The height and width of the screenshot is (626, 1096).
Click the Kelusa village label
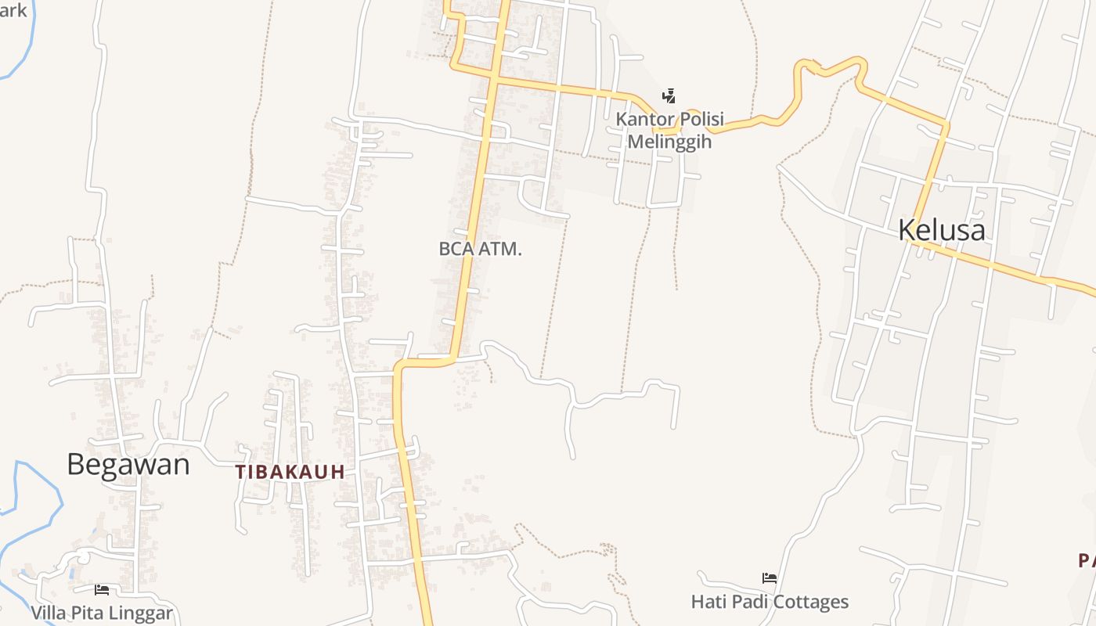pyautogui.click(x=941, y=230)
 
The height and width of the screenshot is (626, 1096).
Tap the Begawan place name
pyautogui.click(x=128, y=465)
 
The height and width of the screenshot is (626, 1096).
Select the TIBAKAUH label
pyautogui.click(x=290, y=472)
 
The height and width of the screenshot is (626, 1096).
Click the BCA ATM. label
pyautogui.click(x=480, y=249)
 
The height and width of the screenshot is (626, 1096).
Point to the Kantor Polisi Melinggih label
pyautogui.click(x=669, y=131)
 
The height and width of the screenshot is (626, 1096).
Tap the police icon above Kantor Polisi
pyautogui.click(x=669, y=96)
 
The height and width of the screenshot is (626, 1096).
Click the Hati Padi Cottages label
pyautogui.click(x=770, y=602)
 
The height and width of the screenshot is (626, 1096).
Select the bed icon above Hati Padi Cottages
pyautogui.click(x=770, y=578)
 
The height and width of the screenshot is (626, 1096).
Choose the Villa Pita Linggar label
pyautogui.click(x=102, y=613)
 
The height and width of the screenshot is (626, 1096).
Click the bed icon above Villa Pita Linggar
pyautogui.click(x=102, y=589)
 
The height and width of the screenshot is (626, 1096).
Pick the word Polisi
pyautogui.click(x=698, y=120)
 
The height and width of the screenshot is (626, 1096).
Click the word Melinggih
pyautogui.click(x=669, y=142)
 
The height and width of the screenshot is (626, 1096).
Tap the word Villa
pyautogui.click(x=49, y=613)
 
